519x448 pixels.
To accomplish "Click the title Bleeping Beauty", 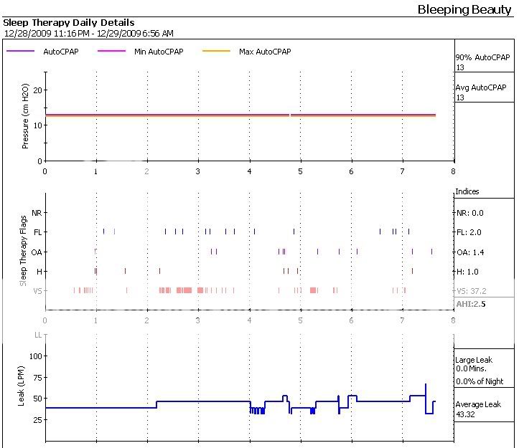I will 464,9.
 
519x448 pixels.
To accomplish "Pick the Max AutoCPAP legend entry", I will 265,52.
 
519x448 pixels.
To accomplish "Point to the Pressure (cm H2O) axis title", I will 26,115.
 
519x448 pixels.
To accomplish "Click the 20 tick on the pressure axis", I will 37,90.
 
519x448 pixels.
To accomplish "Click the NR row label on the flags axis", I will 37,213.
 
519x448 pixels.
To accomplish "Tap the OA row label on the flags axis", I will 37,252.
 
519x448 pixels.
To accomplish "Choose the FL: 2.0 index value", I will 469,233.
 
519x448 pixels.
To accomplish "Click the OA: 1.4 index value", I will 470,252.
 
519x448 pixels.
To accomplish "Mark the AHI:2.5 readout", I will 471,305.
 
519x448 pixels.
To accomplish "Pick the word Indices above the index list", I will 467,192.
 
